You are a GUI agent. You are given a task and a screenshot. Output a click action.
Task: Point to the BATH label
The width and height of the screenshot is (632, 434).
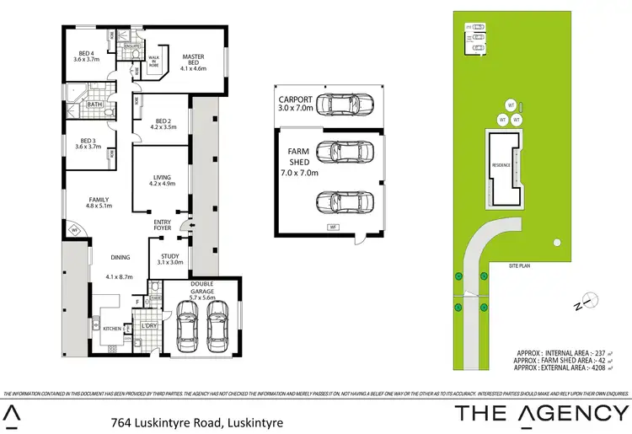pos(94,104)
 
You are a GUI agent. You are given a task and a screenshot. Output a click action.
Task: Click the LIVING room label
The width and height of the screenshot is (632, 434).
pos(163,179)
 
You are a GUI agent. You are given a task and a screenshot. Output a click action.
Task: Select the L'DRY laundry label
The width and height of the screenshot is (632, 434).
pos(149,325)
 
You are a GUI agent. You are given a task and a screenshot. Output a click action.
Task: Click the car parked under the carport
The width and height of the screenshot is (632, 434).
pos(344,105)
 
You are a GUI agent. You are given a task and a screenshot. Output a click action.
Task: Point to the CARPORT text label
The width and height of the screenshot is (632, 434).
pos(296,103)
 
